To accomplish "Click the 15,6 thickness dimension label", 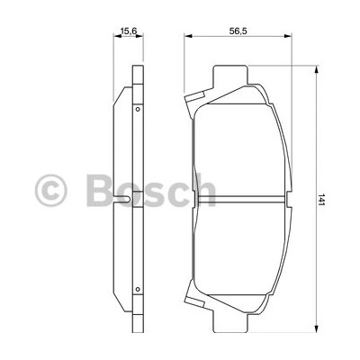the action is click(128, 31).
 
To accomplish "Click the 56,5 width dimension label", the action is click(238, 31).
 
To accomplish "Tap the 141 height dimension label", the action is click(321, 200).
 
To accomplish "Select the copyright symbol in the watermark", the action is click(50, 191).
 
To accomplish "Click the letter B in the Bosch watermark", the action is click(100, 190).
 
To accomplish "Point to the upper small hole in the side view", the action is click(138, 109).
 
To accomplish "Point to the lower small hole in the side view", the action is click(138, 289).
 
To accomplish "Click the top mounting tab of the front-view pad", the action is click(230, 75).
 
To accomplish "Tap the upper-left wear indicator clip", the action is click(194, 98).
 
